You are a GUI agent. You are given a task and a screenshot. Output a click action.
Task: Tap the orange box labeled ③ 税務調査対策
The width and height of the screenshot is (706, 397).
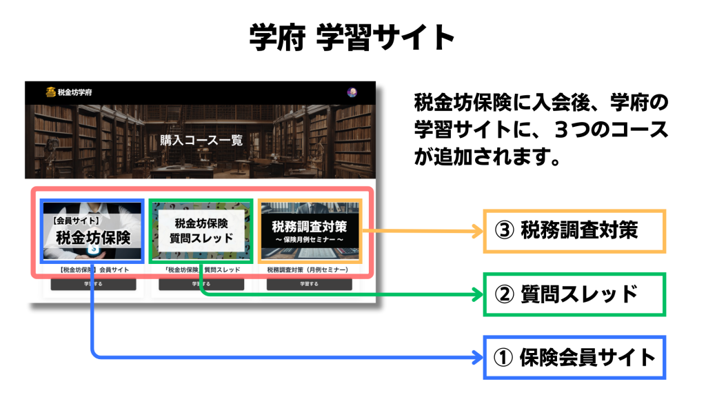click(574, 231)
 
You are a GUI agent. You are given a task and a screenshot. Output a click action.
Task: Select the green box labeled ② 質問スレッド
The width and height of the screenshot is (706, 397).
click(574, 294)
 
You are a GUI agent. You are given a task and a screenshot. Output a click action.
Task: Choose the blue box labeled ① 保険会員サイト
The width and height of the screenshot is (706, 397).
click(574, 357)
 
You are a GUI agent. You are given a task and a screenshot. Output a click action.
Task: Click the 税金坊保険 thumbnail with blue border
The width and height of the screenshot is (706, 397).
click(92, 231)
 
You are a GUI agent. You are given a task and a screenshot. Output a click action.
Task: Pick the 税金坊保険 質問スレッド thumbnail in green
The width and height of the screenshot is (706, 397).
click(201, 231)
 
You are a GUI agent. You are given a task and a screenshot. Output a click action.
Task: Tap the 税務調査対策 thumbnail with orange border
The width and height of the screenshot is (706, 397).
click(310, 231)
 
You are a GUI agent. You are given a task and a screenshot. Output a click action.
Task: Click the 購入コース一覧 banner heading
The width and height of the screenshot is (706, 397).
click(201, 141)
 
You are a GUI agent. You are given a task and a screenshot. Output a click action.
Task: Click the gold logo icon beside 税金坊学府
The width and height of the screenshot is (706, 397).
click(50, 92)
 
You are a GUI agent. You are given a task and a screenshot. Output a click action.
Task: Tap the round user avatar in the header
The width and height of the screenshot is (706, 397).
click(352, 92)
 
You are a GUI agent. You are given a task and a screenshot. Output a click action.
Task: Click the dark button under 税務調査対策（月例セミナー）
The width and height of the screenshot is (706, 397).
click(310, 284)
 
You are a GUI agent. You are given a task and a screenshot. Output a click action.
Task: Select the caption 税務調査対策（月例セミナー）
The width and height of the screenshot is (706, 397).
click(309, 270)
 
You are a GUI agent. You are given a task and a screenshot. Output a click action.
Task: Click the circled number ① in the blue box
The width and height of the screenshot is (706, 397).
click(504, 357)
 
